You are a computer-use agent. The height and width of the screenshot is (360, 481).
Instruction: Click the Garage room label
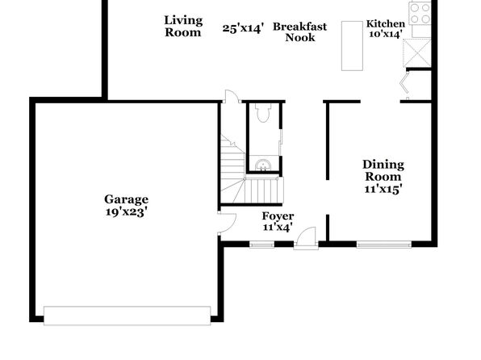click(x=127, y=199)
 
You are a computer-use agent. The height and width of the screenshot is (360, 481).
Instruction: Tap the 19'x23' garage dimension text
click(x=127, y=211)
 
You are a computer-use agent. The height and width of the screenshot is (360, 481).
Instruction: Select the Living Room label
click(x=183, y=27)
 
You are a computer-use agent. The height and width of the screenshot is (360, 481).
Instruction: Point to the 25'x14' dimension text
click(x=243, y=28)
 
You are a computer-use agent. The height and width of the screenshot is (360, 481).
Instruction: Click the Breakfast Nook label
click(x=299, y=32)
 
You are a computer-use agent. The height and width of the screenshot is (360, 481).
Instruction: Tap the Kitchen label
click(x=386, y=23)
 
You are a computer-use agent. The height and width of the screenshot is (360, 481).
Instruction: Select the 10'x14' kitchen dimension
click(x=386, y=34)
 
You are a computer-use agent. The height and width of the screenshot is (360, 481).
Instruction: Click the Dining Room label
click(x=383, y=170)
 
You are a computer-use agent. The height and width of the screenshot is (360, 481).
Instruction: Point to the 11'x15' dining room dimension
click(x=383, y=189)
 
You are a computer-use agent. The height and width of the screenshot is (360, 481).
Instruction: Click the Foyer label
click(x=278, y=216)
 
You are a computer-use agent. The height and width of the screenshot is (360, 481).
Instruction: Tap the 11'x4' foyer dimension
click(x=278, y=227)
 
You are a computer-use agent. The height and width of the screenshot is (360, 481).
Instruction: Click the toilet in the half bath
click(x=263, y=113)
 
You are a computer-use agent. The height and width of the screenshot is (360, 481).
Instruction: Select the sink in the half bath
click(x=263, y=165)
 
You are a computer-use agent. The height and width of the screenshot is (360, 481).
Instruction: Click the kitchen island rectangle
click(x=352, y=46)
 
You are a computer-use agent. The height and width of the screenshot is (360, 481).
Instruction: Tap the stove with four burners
click(x=420, y=14)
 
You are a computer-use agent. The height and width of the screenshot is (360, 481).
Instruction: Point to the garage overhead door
click(x=127, y=316)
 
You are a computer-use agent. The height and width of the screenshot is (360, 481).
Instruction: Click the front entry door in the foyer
click(x=306, y=238)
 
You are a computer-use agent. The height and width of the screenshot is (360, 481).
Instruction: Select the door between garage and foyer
click(x=227, y=223)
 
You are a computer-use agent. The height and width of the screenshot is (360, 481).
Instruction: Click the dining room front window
click(x=384, y=245)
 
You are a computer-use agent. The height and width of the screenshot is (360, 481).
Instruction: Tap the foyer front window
click(x=261, y=245)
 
